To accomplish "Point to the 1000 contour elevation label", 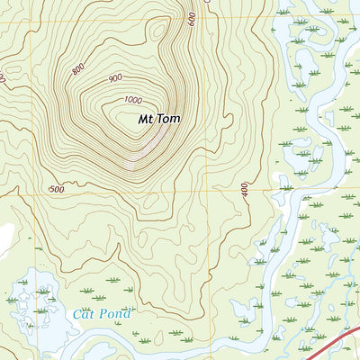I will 134,99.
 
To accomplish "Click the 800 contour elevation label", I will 78,68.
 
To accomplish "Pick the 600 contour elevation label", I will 192,19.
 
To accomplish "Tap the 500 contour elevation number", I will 57,190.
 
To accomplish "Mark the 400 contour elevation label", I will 243,191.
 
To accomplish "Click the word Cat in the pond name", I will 82,314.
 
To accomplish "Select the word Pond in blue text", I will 114,314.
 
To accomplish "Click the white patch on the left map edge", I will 4,237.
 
